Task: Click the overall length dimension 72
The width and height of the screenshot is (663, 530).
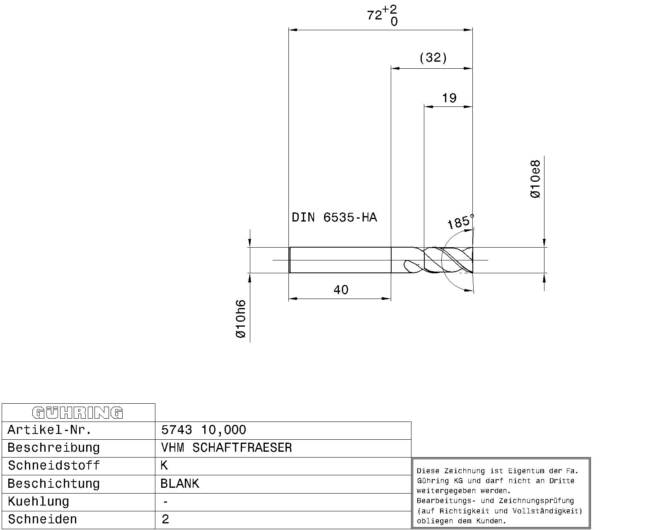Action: click(x=375, y=15)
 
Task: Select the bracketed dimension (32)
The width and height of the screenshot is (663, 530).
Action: click(x=433, y=58)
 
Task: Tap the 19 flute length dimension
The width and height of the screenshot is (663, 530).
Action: click(x=449, y=98)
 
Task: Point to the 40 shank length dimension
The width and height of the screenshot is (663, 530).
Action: click(x=341, y=289)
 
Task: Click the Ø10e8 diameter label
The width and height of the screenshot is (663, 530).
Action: click(x=535, y=179)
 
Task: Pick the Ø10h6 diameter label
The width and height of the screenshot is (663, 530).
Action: click(x=241, y=319)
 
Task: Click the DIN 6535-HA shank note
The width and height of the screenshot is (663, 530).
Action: click(x=334, y=217)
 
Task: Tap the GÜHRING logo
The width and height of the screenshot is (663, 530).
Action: click(x=77, y=413)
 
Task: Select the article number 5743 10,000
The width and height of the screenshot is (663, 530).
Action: click(x=203, y=430)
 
